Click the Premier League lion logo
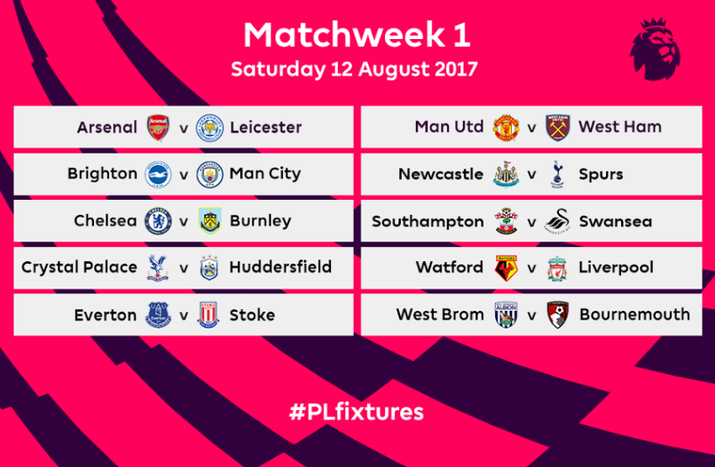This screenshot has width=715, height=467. pos(656,49)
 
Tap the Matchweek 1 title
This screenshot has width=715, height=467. pos(357,35)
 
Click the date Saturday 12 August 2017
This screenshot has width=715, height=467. pos(354,69)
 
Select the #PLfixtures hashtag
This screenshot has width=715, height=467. pos(356,412)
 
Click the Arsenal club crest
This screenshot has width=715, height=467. pos(158,127)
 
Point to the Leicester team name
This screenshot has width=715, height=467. pos(265,127)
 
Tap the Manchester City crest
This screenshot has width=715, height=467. pos(209,174)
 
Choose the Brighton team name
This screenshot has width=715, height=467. pos(102,174)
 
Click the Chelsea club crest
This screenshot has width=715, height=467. pos(158,221)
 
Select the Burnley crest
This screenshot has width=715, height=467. pos(209,221)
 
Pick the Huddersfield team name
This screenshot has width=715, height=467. pos(280,267)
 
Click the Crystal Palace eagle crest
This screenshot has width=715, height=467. pos(158,268)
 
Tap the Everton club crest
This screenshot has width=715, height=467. pos(158,315)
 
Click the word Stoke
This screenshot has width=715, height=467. pos(252,315)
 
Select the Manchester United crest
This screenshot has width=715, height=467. pos(507,128)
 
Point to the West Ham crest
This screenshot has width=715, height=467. pos(558,127)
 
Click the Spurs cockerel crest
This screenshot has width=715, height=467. pos(557,174)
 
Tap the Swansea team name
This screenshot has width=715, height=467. pos(615,221)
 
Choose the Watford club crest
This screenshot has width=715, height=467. pos(507,268)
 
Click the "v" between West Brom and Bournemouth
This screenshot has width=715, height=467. pos(531,315)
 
